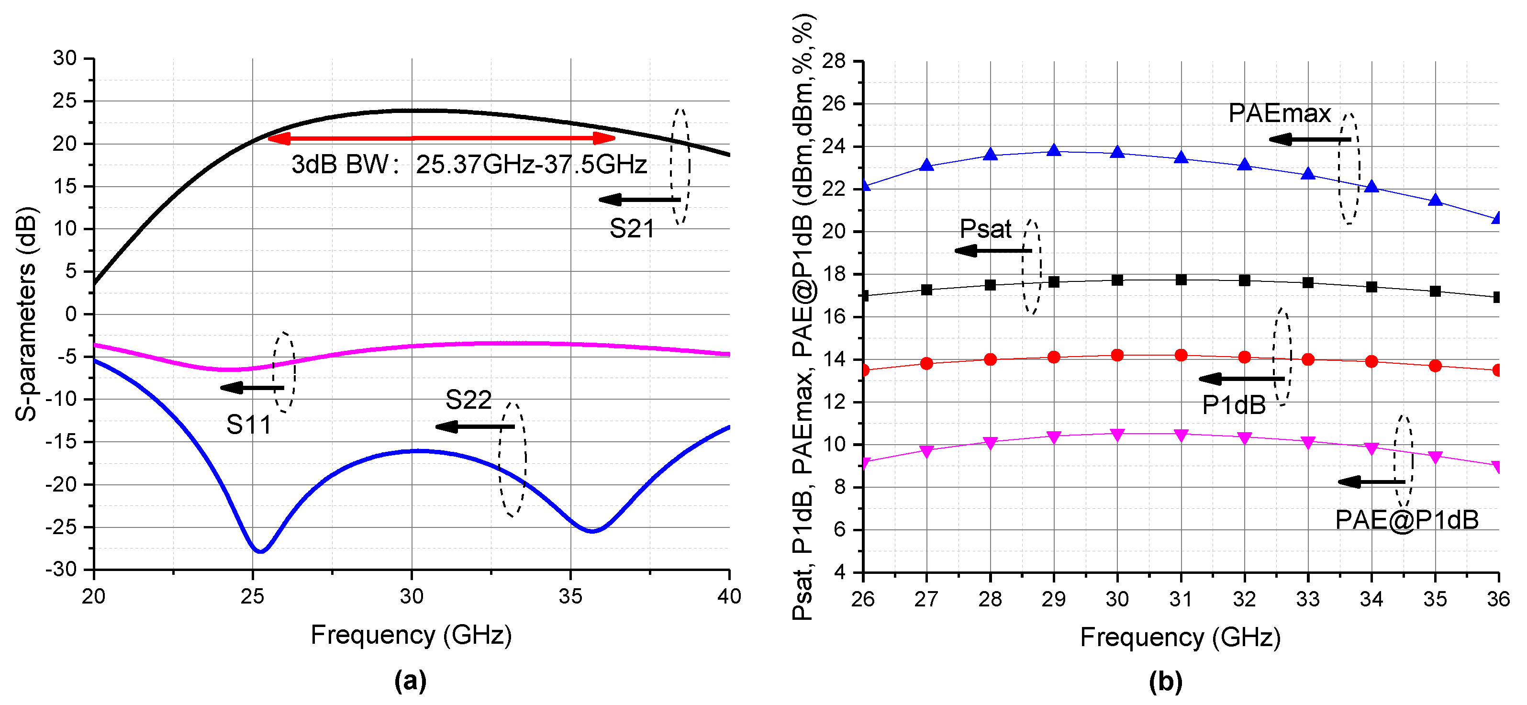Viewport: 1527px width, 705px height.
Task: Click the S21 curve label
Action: click(631, 229)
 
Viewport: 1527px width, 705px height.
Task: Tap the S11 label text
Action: click(248, 425)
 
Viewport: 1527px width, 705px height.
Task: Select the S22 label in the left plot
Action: click(468, 400)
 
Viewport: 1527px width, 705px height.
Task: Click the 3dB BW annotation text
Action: click(468, 164)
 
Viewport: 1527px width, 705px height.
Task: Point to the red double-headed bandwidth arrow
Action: click(441, 139)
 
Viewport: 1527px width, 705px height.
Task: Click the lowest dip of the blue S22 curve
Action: click(260, 551)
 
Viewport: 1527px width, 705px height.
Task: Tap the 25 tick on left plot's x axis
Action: click(253, 596)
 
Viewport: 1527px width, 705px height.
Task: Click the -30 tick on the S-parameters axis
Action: click(62, 569)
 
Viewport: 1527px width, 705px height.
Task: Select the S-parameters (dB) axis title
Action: click(26, 314)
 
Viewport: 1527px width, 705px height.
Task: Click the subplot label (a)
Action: click(410, 681)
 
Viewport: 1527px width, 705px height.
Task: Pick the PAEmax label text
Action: click(1279, 113)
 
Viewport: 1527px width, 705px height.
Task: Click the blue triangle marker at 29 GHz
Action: click(1053, 151)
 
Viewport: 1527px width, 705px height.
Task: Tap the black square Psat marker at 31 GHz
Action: click(1181, 280)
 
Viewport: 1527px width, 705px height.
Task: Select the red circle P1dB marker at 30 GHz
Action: click(1117, 355)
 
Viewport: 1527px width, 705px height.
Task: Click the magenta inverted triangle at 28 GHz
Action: click(990, 443)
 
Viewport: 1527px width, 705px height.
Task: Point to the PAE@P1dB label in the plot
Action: click(1406, 520)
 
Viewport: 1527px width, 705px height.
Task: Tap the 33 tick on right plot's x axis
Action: click(1308, 599)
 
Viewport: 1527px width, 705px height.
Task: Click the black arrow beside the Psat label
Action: click(993, 251)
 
